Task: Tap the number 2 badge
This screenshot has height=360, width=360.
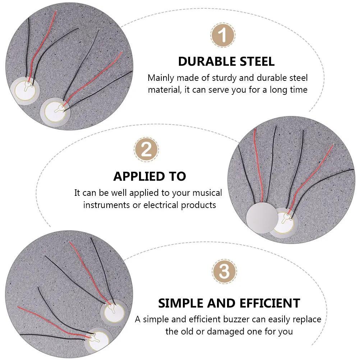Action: click(146, 149)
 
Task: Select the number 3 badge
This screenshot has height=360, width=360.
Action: click(224, 272)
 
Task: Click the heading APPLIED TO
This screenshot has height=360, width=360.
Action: click(149, 176)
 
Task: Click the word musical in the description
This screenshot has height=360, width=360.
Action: click(207, 193)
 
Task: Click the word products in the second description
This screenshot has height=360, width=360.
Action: click(198, 205)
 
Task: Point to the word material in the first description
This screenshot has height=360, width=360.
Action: click(163, 89)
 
